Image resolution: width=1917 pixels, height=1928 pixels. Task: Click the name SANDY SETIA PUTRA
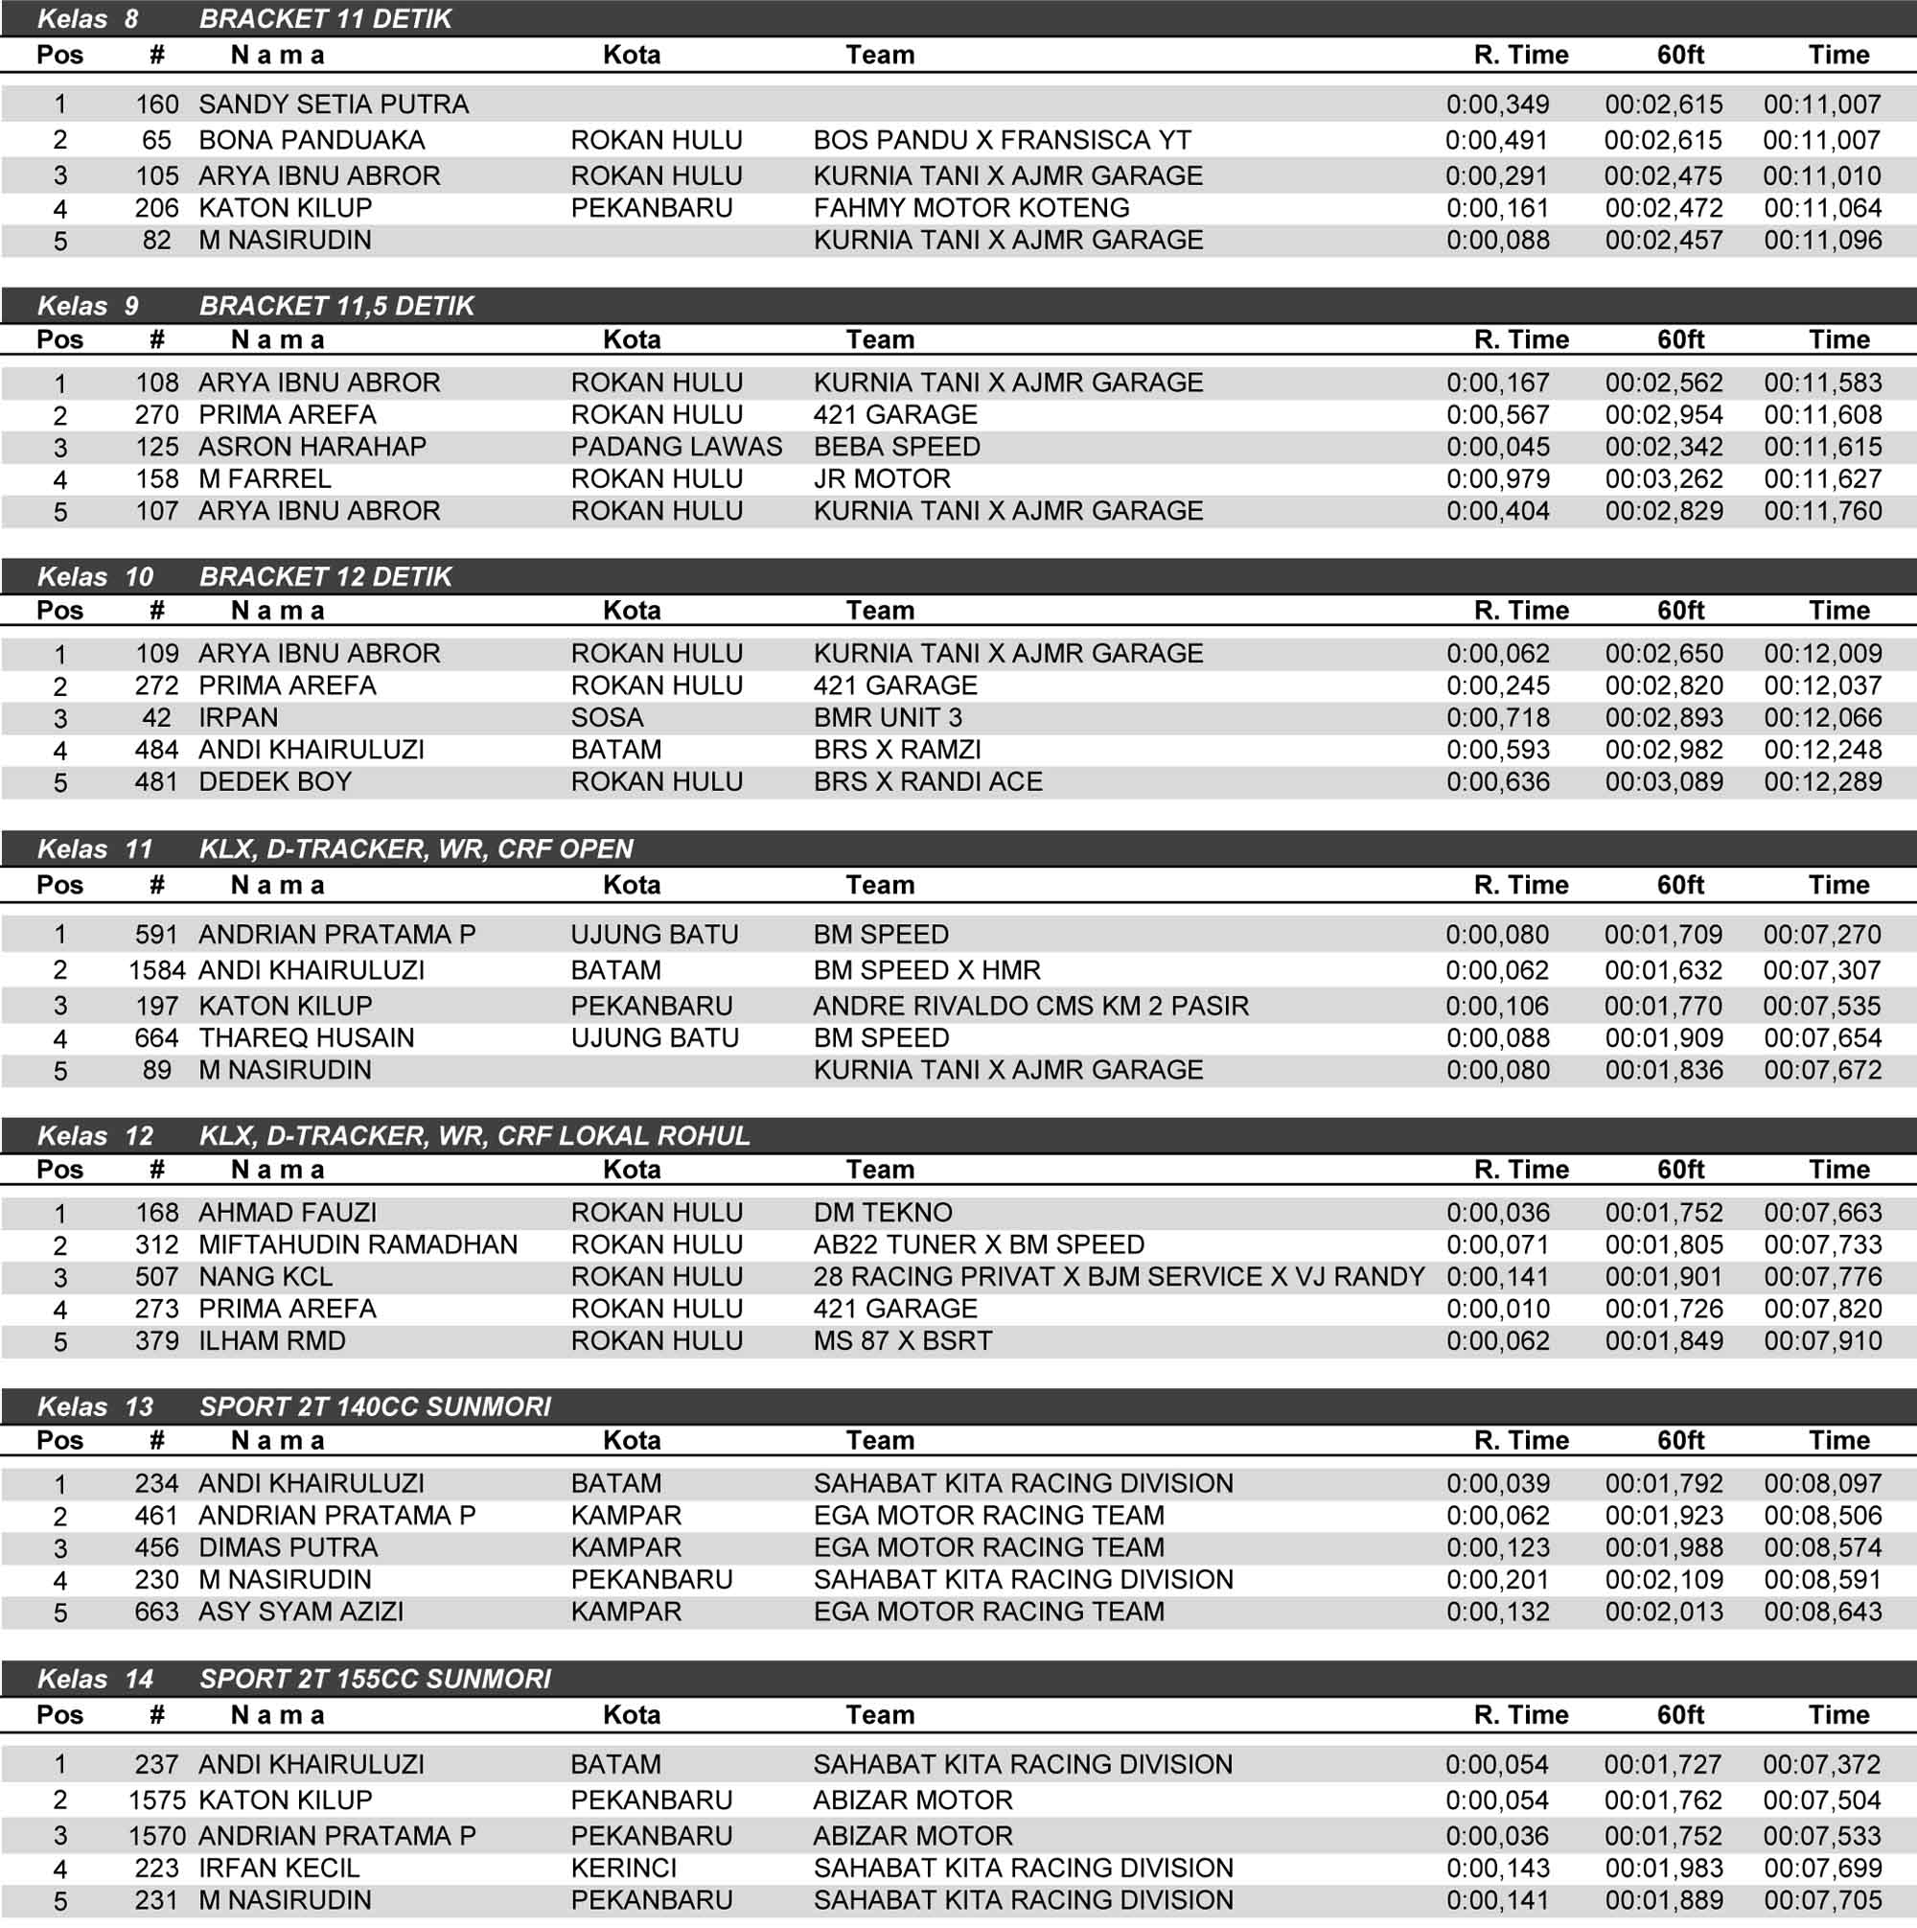334,105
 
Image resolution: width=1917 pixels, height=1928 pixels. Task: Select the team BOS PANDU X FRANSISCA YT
1002,141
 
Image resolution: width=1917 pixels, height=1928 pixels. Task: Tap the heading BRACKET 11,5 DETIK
336,307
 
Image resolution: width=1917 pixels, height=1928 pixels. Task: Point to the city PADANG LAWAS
677,447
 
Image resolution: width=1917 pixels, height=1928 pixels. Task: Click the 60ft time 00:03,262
1664,479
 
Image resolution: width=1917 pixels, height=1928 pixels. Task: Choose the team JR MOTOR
882,479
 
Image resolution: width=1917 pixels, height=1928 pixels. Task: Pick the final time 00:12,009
1822,654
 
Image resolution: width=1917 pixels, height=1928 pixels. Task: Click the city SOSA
607,717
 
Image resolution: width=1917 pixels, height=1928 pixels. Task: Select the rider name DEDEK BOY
275,781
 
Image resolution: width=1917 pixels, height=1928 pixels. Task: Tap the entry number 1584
156,970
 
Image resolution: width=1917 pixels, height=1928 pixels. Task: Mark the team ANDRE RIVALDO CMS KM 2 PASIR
1030,1006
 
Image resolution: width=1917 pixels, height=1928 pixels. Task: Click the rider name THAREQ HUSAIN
307,1038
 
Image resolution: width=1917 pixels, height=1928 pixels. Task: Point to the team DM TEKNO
883,1213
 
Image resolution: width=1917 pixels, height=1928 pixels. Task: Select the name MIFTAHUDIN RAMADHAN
358,1244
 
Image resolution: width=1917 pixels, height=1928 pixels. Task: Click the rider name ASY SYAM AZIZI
301,1612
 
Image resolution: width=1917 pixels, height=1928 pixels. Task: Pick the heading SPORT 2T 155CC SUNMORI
375,1680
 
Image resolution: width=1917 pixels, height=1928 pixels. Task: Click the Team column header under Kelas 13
880,1440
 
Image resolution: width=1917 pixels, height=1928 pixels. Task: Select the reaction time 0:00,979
1498,479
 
